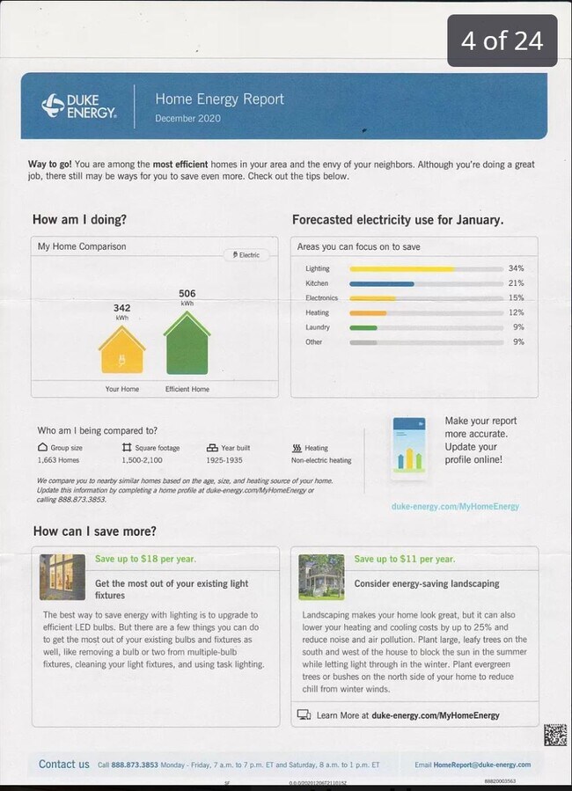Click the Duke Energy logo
78,106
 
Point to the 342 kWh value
122,311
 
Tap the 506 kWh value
187,296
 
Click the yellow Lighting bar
402,268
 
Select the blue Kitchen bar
381,283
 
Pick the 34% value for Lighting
516,268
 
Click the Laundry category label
318,327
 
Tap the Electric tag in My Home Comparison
246,255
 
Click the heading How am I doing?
79,219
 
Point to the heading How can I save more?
95,531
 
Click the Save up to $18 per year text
145,559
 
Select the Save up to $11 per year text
404,559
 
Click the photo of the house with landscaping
321,577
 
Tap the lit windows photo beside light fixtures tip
62,577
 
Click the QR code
554,735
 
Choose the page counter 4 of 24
502,40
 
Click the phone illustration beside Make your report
408,444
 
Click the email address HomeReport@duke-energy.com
482,765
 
